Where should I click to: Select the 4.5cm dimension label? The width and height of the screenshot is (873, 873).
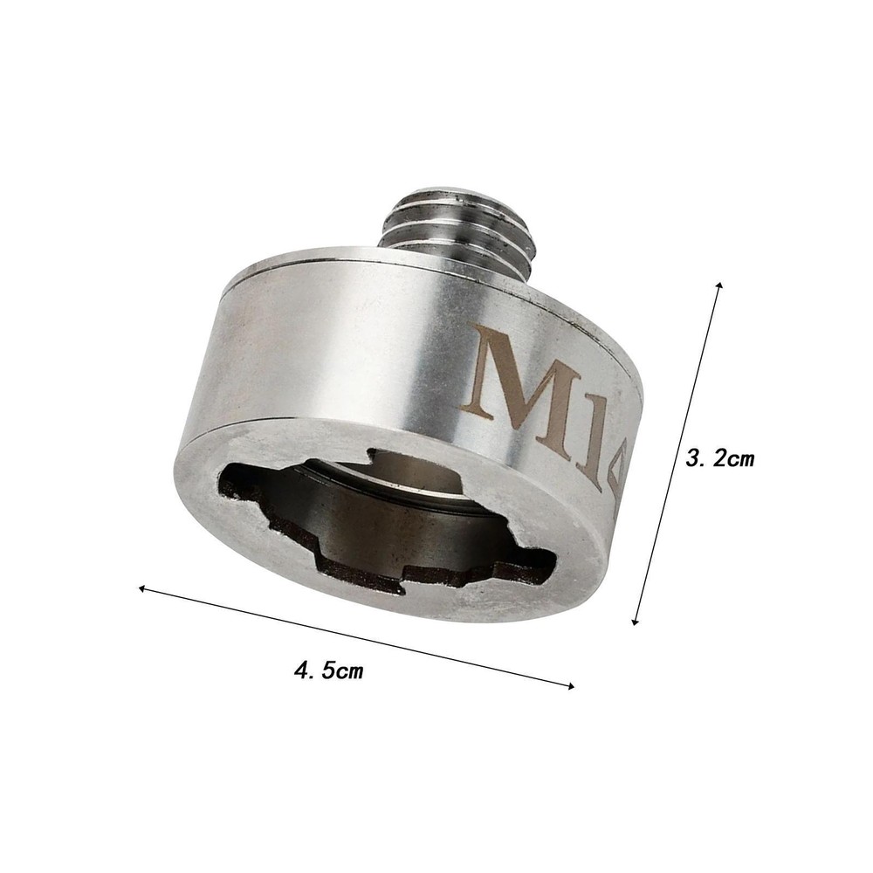(329, 671)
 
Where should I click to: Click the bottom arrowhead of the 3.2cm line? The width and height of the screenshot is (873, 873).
(636, 621)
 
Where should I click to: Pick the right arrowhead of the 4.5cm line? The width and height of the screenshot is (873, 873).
(572, 685)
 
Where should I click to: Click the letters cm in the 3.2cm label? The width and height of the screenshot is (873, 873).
(743, 457)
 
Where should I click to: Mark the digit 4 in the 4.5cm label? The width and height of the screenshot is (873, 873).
(303, 670)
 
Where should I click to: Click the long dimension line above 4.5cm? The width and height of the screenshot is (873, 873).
(358, 637)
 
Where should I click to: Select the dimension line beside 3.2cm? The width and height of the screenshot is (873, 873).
(677, 454)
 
